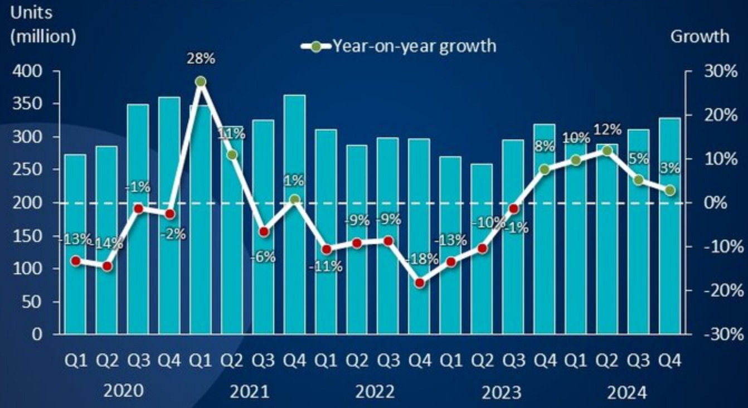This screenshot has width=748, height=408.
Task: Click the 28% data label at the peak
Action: (201, 58)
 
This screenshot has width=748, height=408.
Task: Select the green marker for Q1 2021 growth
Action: (201, 81)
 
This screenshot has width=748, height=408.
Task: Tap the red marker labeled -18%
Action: (420, 283)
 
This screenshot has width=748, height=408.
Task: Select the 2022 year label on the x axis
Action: (375, 392)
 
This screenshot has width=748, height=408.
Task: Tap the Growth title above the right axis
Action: (699, 36)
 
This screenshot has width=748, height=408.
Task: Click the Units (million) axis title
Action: (43, 25)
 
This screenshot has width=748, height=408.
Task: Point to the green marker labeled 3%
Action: (670, 191)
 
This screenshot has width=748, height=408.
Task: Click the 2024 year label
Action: (627, 393)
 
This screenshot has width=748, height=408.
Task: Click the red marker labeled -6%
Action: (264, 231)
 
